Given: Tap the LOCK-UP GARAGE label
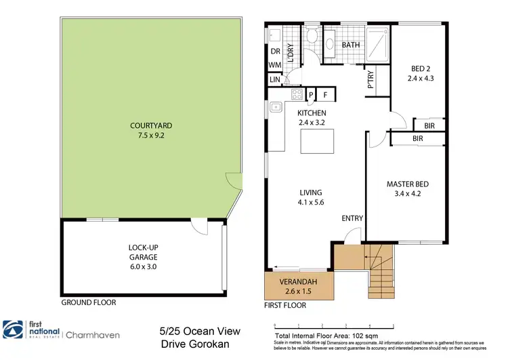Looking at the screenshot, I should point(143,252).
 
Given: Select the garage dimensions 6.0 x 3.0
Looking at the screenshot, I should point(143,266).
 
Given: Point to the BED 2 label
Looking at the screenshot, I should point(419,68).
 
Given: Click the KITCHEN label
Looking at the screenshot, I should point(312,113).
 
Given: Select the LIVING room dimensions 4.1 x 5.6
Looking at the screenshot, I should point(312,202).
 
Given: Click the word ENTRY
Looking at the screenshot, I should point(352,218).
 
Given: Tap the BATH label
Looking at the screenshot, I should point(350,45).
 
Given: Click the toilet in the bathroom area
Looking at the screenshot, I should point(312,37).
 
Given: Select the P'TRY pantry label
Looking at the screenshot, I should point(371,81).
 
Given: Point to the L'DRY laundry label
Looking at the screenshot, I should point(290,53).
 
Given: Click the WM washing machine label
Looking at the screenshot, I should point(274,65).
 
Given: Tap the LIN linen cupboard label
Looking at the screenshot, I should point(274,80).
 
